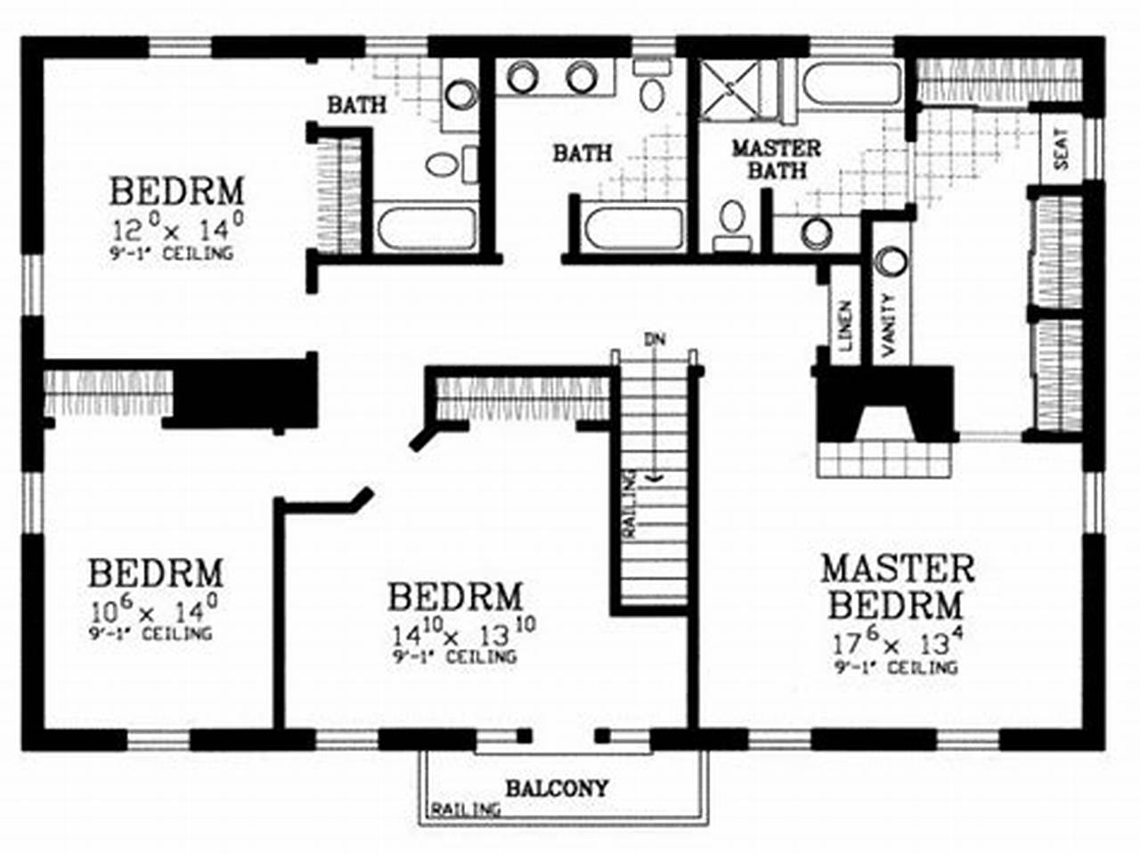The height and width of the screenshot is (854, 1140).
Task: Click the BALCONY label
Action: coord(558,788)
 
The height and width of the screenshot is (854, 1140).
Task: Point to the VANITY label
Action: coord(889,326)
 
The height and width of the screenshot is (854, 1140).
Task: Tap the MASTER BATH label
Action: coord(776,159)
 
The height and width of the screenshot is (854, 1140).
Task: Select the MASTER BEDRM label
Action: coord(897,587)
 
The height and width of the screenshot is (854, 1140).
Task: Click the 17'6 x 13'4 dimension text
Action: coord(897,642)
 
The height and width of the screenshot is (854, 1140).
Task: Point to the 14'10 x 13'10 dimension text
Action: coord(463,634)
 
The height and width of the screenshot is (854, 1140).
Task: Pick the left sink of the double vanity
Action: coord(521,77)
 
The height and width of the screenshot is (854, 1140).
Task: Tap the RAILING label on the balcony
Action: coord(465,810)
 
